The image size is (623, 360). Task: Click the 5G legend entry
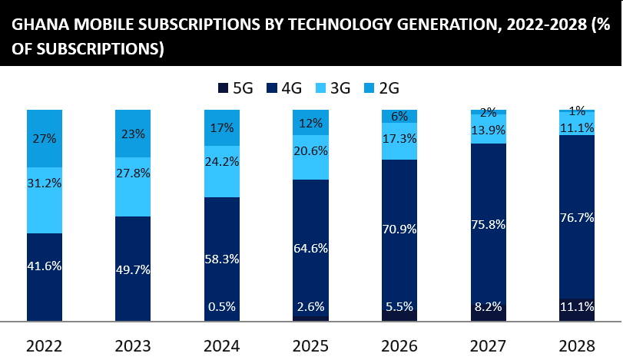[235, 88]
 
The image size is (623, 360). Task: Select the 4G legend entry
[284, 88]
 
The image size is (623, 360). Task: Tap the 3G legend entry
[333, 88]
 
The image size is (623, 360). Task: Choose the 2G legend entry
[381, 88]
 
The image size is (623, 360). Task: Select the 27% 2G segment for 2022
[45, 139]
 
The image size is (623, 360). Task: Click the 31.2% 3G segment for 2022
[45, 200]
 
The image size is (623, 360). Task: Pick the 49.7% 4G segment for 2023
[134, 268]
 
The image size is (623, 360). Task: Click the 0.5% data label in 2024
[222, 307]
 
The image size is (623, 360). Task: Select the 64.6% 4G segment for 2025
[310, 248]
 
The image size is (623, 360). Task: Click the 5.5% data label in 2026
[399, 307]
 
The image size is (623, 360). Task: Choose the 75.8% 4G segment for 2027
[488, 223]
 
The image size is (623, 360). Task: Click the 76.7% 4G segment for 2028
[576, 217]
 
